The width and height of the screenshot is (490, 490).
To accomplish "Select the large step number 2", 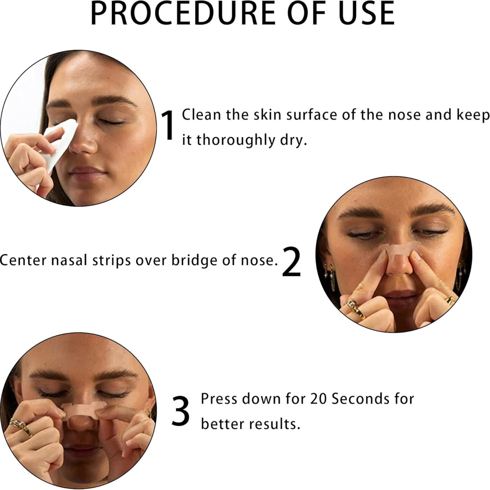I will [291, 262].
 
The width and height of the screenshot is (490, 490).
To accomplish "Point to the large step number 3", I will [180, 412].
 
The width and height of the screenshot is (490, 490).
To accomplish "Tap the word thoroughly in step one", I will [236, 140].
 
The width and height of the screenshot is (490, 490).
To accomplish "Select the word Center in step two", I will [23, 260].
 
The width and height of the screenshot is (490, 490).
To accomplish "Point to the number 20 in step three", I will [319, 399].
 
